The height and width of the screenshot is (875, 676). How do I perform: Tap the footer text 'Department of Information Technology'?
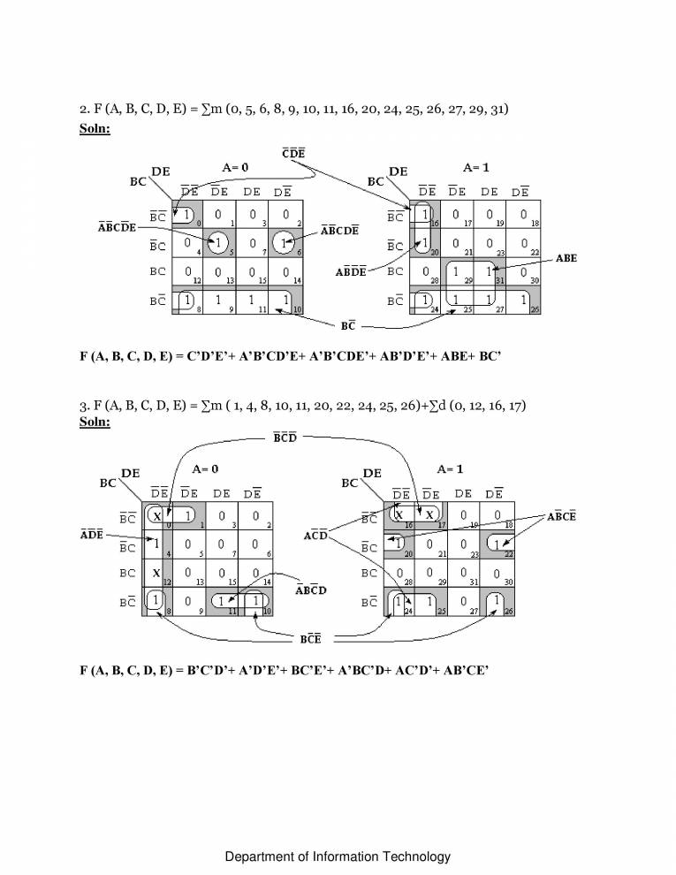[338, 856]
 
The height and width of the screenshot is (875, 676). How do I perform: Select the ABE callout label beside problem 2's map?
[566, 258]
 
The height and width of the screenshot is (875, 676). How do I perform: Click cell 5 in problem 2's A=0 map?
[218, 241]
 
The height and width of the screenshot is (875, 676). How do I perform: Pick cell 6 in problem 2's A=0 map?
[284, 241]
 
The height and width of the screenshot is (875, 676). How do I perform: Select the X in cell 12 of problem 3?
[156, 573]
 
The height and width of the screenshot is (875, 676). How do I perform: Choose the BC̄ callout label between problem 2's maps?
[348, 327]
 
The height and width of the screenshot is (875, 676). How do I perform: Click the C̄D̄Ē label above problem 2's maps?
[293, 154]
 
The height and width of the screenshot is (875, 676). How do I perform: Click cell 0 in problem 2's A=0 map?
[186, 215]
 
